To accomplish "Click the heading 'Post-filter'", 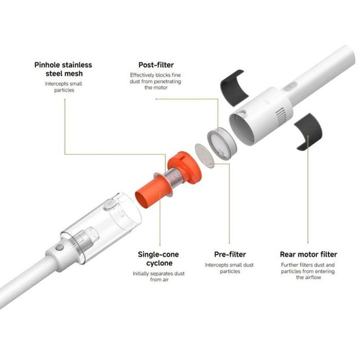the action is point(156,65).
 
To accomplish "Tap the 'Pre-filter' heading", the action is point(230,254).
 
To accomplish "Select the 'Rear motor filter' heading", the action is point(308,254).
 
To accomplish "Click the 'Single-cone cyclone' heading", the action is point(158,258).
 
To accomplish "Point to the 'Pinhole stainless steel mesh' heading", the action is point(63,69).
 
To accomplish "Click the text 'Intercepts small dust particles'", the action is point(229,268).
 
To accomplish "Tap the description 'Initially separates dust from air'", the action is point(159,276).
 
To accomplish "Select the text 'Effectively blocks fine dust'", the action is point(155,78).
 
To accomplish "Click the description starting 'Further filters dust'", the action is point(308,271).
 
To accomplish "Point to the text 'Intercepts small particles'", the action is point(63,87).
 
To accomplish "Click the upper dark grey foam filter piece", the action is point(234,88).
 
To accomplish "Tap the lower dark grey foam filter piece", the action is point(308,131).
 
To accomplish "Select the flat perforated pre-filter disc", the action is point(204,155).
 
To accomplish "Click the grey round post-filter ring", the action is point(221,144).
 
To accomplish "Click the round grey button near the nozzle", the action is point(59,247).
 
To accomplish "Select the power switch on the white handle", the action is point(290,86).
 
